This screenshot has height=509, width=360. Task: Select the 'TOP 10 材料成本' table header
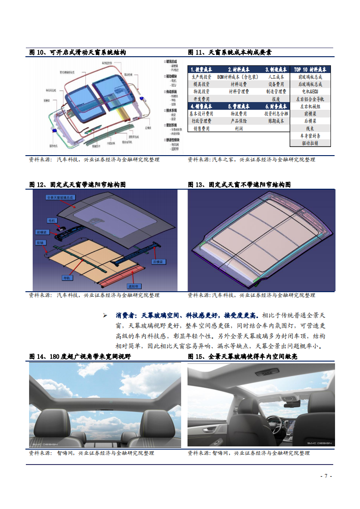coord(310,69)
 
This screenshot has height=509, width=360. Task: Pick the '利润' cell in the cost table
coord(238,128)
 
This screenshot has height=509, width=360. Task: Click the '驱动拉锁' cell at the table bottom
coord(310,142)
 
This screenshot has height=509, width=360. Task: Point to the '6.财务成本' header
coord(276,106)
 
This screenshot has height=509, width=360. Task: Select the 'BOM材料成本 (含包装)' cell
coord(238,77)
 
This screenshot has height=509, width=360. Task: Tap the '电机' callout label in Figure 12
coord(53,220)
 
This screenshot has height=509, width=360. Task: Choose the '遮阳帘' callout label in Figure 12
coord(133,286)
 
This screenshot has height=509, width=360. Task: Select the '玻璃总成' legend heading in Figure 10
coord(172,61)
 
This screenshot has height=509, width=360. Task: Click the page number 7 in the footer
coord(326,476)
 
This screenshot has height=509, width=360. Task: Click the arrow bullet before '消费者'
coord(105,315)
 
